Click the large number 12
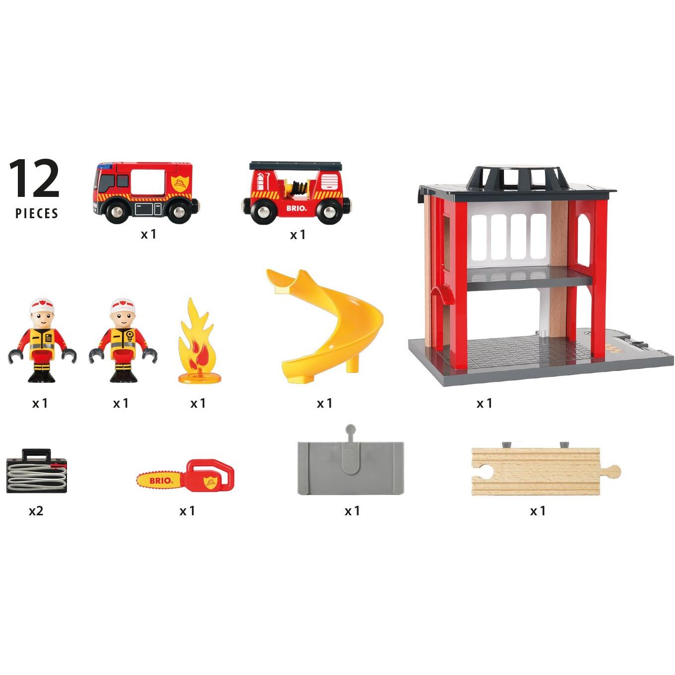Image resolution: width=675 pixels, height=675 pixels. (x=34, y=179)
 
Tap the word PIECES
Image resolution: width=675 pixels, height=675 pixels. (x=37, y=214)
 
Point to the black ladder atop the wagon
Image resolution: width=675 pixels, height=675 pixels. (x=296, y=165)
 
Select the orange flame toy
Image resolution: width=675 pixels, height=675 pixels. (x=197, y=345)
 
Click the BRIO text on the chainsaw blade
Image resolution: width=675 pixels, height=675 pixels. (x=161, y=480)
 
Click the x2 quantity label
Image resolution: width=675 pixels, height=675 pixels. (x=36, y=511)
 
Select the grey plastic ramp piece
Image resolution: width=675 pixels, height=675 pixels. (x=351, y=468)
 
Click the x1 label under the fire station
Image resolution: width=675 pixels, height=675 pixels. (x=484, y=403)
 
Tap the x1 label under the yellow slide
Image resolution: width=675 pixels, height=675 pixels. (x=324, y=403)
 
